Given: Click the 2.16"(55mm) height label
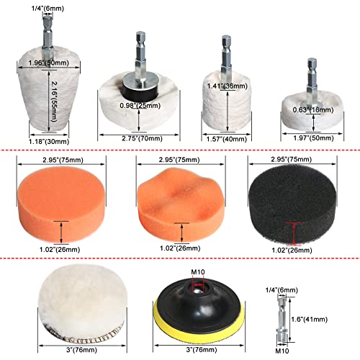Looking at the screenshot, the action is [x=55, y=102].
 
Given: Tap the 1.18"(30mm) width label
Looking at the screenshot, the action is [x=49, y=142].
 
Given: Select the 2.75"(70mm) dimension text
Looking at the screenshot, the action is [x=142, y=138].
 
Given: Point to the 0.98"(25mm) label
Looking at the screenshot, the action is [x=140, y=105].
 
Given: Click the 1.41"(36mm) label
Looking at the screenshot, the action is [x=227, y=86].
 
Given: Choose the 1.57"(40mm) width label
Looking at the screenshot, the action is [x=227, y=139].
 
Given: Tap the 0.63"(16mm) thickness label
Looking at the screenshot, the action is [x=313, y=110].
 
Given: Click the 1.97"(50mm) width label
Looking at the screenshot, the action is [x=313, y=138].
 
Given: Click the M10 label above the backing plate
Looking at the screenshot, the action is [x=198, y=272].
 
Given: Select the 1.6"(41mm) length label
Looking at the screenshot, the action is [x=309, y=319].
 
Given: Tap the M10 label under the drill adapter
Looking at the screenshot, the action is [x=282, y=351].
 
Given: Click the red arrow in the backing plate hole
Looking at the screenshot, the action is [x=198, y=284].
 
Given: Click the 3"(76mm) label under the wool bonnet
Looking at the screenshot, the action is [x=81, y=350].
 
